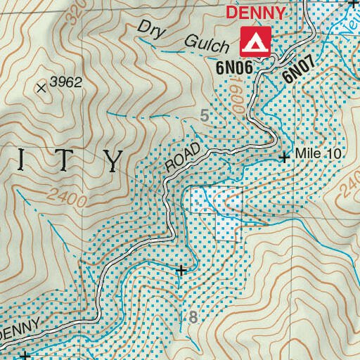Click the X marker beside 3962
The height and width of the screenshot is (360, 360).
(x=41, y=88)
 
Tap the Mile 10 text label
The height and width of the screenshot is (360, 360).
(x=318, y=154)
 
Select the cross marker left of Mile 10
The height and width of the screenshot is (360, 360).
(x=284, y=157)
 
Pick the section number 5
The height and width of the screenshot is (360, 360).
(x=205, y=116)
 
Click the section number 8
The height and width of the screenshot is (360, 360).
(x=192, y=318)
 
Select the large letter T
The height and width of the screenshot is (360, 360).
(x=64, y=160)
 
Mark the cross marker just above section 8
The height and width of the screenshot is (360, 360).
(x=182, y=269)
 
